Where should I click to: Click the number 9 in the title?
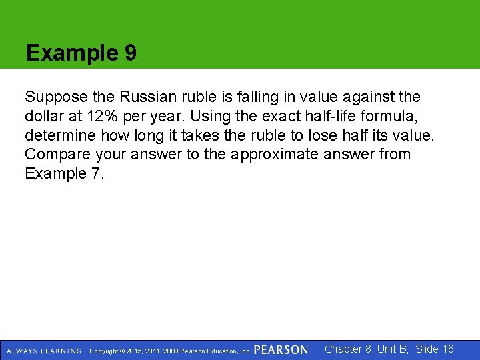tap(130, 53)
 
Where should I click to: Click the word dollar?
tap(43, 117)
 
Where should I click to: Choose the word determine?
tap(59, 136)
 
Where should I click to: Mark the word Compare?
tap(53, 155)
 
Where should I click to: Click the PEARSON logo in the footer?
tap(281, 350)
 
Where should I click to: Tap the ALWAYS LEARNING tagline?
tap(44, 351)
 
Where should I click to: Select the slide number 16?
tap(448, 349)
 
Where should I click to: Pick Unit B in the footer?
tap(394, 349)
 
